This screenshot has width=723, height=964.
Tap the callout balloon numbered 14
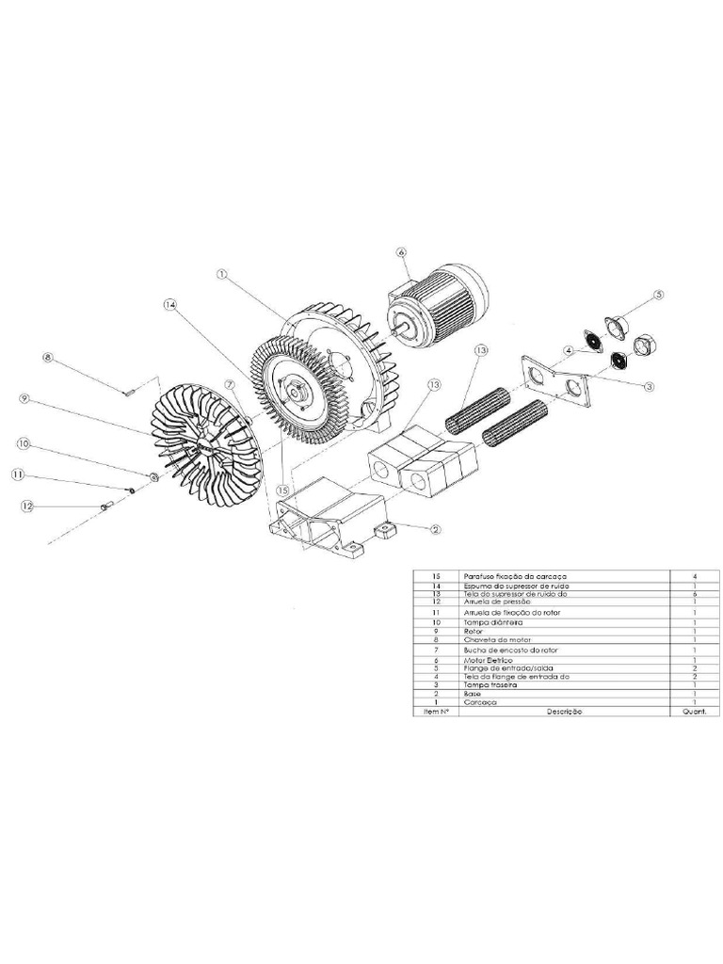[x=169, y=305]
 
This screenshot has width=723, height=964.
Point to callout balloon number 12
[x=27, y=506]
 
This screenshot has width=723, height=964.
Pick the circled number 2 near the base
[x=436, y=530]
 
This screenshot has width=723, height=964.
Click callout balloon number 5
[x=659, y=295]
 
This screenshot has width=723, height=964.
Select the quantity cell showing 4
[x=693, y=575]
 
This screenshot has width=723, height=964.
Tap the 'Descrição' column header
[x=564, y=712]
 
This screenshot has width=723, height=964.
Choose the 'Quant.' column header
[x=693, y=712]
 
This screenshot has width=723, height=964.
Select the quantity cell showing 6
[x=693, y=594]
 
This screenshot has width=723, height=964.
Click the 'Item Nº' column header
[x=435, y=712]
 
